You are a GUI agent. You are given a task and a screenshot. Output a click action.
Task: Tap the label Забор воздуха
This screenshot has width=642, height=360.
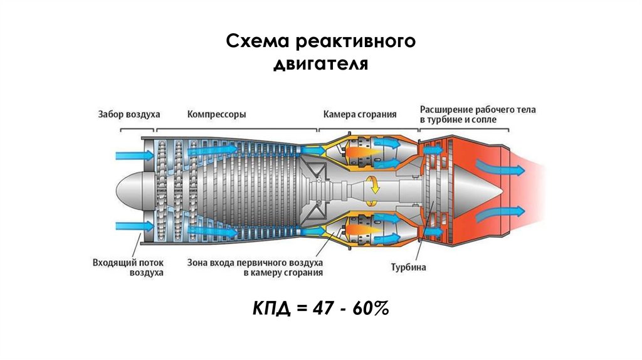129,115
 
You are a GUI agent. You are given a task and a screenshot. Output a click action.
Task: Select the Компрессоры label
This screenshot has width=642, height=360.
216,115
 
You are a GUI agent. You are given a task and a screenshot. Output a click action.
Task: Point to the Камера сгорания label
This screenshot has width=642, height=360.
360,115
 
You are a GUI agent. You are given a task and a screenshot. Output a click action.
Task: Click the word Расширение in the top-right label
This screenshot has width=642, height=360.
450,109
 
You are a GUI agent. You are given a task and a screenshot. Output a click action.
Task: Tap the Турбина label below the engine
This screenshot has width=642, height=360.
408,267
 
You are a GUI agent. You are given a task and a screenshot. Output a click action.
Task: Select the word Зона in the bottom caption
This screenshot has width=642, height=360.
199,262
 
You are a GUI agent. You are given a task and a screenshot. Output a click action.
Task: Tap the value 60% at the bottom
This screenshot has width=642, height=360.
371,309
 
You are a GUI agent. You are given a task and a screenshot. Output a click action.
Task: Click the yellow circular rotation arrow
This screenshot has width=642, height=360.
372,186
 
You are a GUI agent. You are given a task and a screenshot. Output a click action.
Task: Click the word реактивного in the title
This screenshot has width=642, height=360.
354,43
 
